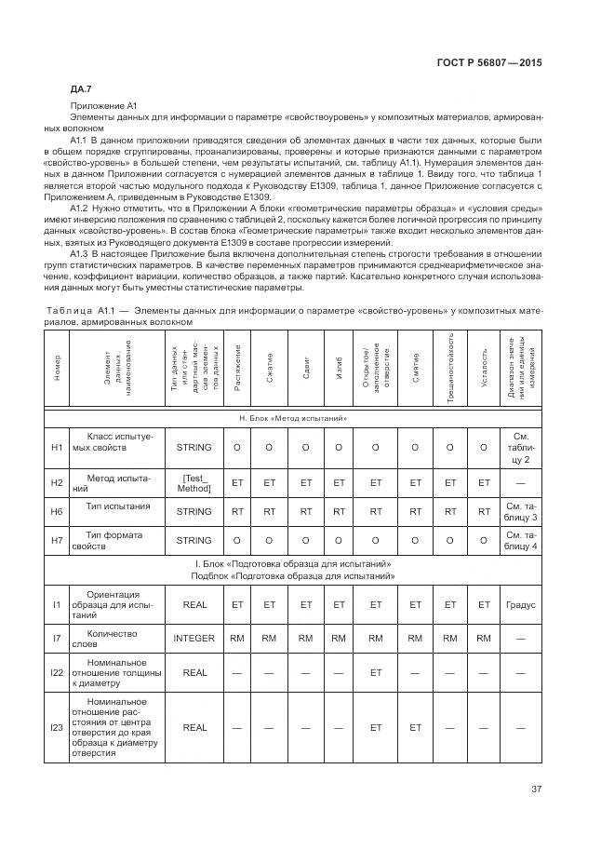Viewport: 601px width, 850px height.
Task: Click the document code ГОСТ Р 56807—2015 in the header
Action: [x=489, y=62]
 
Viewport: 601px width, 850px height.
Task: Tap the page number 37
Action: [x=537, y=789]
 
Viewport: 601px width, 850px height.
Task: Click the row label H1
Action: [x=57, y=447]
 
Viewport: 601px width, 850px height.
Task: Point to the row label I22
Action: [x=57, y=671]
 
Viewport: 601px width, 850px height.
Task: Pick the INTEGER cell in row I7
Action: [x=194, y=638]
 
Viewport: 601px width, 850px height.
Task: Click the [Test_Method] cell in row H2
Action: [x=194, y=482]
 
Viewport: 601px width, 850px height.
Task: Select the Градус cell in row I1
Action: [x=521, y=605]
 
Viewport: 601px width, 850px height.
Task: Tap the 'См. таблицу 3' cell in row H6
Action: [x=521, y=511]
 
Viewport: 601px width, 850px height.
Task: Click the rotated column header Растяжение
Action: [x=238, y=366]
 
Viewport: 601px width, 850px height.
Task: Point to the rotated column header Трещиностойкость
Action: [x=450, y=366]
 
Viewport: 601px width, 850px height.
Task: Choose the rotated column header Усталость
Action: [x=484, y=366]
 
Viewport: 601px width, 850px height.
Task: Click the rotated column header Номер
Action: [x=57, y=366]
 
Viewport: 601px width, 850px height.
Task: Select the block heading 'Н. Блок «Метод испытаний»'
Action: [x=293, y=419]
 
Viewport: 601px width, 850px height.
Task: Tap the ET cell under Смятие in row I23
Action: [x=416, y=727]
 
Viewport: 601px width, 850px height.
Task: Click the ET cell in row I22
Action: [x=376, y=671]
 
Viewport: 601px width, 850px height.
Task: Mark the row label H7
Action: [x=57, y=540]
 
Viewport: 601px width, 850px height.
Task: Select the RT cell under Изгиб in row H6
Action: [x=339, y=511]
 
